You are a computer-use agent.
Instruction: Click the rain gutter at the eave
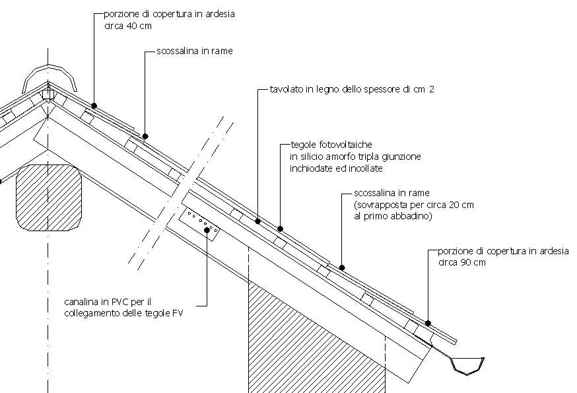(468, 365)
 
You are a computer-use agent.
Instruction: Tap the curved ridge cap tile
(50, 74)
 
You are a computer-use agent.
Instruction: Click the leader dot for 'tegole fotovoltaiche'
(280, 229)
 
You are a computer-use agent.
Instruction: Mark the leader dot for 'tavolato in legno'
(257, 221)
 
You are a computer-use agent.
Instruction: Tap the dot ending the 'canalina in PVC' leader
(207, 231)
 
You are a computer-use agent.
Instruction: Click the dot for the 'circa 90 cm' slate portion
(428, 324)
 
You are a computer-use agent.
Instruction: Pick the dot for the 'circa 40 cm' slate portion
(94, 106)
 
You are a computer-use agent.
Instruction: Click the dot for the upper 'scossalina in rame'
(145, 137)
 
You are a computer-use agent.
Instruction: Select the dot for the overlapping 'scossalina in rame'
(342, 268)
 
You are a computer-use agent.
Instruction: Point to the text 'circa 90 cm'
(461, 262)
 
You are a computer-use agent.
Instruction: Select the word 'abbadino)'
(413, 216)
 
